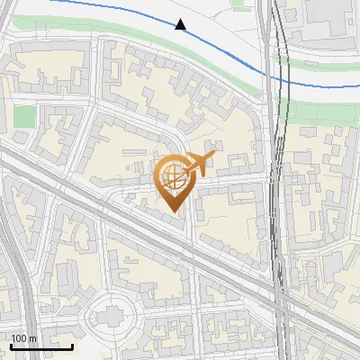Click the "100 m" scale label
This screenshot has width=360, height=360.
(x=24, y=338)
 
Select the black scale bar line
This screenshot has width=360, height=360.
(x=41, y=346)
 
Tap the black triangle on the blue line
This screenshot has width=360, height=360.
(x=181, y=24)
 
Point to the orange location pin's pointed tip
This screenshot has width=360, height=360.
(x=174, y=211)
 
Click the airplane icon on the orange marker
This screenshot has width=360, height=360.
(x=201, y=163)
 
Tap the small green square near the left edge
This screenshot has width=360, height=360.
(x=24, y=116)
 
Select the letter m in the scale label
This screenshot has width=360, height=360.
(x=32, y=338)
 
